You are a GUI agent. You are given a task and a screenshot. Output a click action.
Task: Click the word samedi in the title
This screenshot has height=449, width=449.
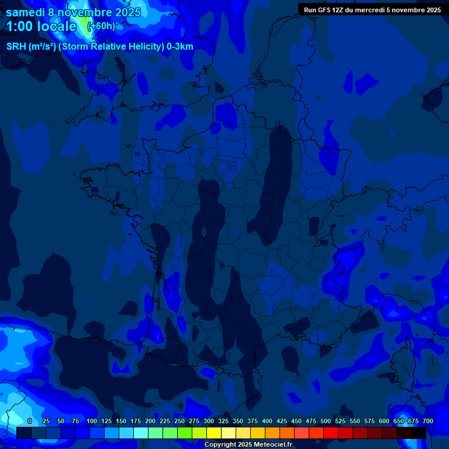click(25, 12)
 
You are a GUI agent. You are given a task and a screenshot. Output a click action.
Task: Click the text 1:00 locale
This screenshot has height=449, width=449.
click(41, 26)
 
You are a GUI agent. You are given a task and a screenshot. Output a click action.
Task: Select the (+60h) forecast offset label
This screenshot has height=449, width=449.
click(101, 26)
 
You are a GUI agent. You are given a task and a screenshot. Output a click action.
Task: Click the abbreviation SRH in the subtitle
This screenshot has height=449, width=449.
click(15, 47)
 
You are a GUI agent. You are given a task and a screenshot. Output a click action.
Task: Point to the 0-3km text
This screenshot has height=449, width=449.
click(180, 47)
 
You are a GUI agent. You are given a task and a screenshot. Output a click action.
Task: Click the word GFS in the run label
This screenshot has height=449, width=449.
click(324, 10)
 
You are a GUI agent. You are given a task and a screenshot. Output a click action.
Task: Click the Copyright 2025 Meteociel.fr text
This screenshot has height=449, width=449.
click(248, 445)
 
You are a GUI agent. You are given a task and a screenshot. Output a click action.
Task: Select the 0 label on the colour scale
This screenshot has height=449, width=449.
click(30, 421)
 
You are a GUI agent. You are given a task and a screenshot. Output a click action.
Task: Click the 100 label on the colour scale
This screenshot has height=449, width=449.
click(92, 421)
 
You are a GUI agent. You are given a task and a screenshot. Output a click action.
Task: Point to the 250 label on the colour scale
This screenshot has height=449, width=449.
click(179, 421)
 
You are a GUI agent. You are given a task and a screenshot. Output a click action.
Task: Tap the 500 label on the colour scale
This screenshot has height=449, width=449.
click(326, 421)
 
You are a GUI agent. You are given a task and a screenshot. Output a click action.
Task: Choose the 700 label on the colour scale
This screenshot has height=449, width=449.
click(428, 421)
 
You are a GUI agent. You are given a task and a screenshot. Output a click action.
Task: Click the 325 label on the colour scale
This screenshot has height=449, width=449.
click(223, 421)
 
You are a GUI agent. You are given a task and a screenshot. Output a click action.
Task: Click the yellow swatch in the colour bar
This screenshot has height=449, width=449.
click(214, 433)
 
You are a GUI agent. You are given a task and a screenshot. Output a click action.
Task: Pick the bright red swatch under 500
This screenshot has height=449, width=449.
click(331, 433)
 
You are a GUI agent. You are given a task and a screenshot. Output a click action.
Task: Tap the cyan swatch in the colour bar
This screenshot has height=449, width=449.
click(141, 433)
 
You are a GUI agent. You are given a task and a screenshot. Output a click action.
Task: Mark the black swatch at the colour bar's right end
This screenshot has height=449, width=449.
click(419, 433)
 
